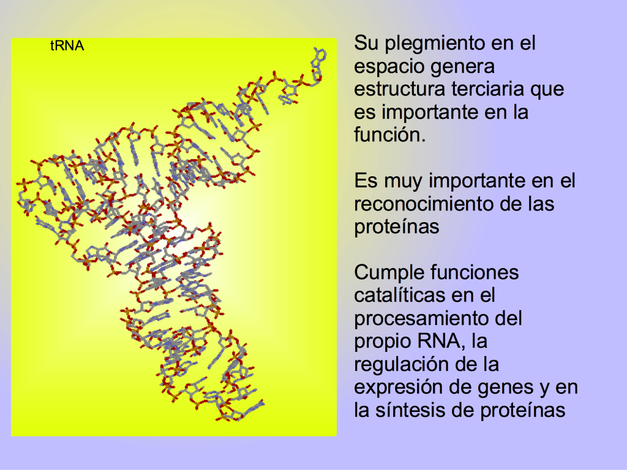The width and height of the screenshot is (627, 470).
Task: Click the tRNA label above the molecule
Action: [67, 45]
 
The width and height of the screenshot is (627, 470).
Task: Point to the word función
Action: [390, 134]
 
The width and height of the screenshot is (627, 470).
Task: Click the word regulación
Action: [405, 365]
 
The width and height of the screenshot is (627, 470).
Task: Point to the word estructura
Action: [399, 89]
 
